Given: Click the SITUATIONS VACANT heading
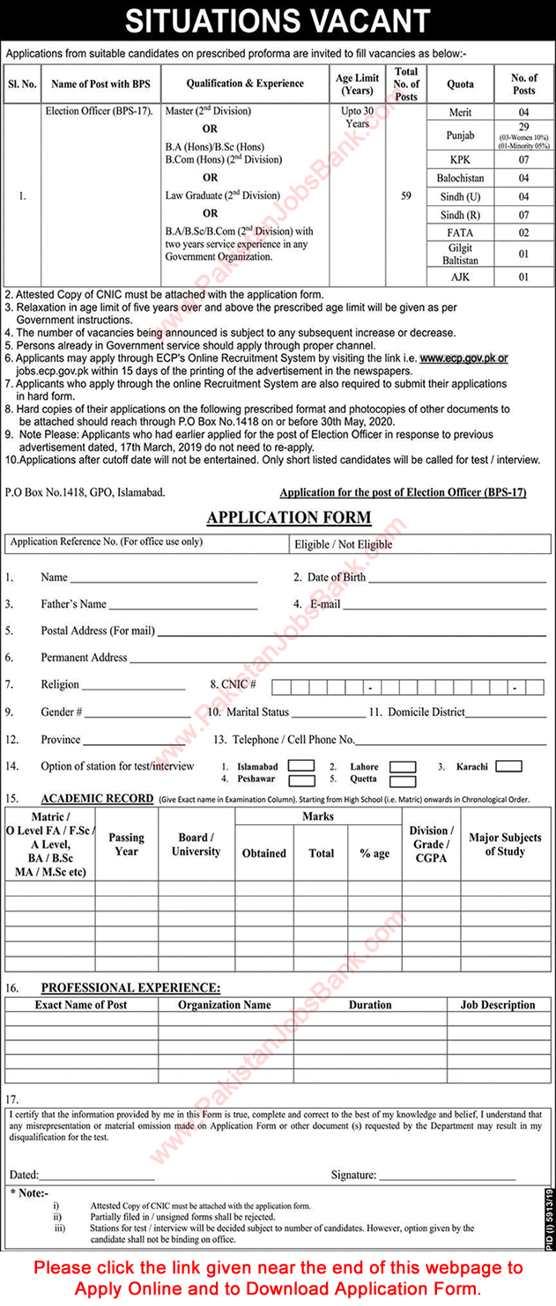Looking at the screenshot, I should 278,20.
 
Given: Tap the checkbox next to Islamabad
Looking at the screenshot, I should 301,766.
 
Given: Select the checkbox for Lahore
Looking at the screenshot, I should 403,767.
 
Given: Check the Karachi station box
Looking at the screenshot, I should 508,766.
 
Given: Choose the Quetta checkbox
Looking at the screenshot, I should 403,781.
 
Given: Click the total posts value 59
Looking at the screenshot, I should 406,196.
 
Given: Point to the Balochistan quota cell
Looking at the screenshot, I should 460,178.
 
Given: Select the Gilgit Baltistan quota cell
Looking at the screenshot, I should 460,255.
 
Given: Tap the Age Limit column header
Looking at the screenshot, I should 357,84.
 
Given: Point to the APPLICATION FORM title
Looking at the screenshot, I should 288,518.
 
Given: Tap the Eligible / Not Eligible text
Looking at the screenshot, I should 345,544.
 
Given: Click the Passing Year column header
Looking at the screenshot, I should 126,845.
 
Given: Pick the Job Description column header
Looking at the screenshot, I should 497,1005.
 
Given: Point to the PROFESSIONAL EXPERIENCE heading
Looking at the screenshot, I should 130,989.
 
